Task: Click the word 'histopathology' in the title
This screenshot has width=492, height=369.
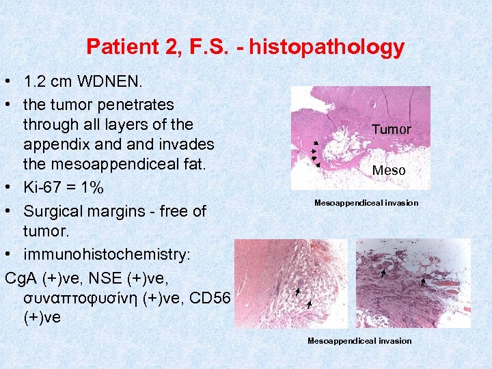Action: [327, 48]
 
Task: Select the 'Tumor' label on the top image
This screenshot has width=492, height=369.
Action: [392, 129]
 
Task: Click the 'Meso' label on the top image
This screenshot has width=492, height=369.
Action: [389, 170]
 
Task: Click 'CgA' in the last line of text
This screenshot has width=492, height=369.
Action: [19, 279]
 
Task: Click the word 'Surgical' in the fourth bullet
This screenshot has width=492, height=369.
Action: [53, 211]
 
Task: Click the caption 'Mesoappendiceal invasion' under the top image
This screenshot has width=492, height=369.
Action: [366, 203]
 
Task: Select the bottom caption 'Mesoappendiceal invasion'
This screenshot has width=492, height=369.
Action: [359, 340]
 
